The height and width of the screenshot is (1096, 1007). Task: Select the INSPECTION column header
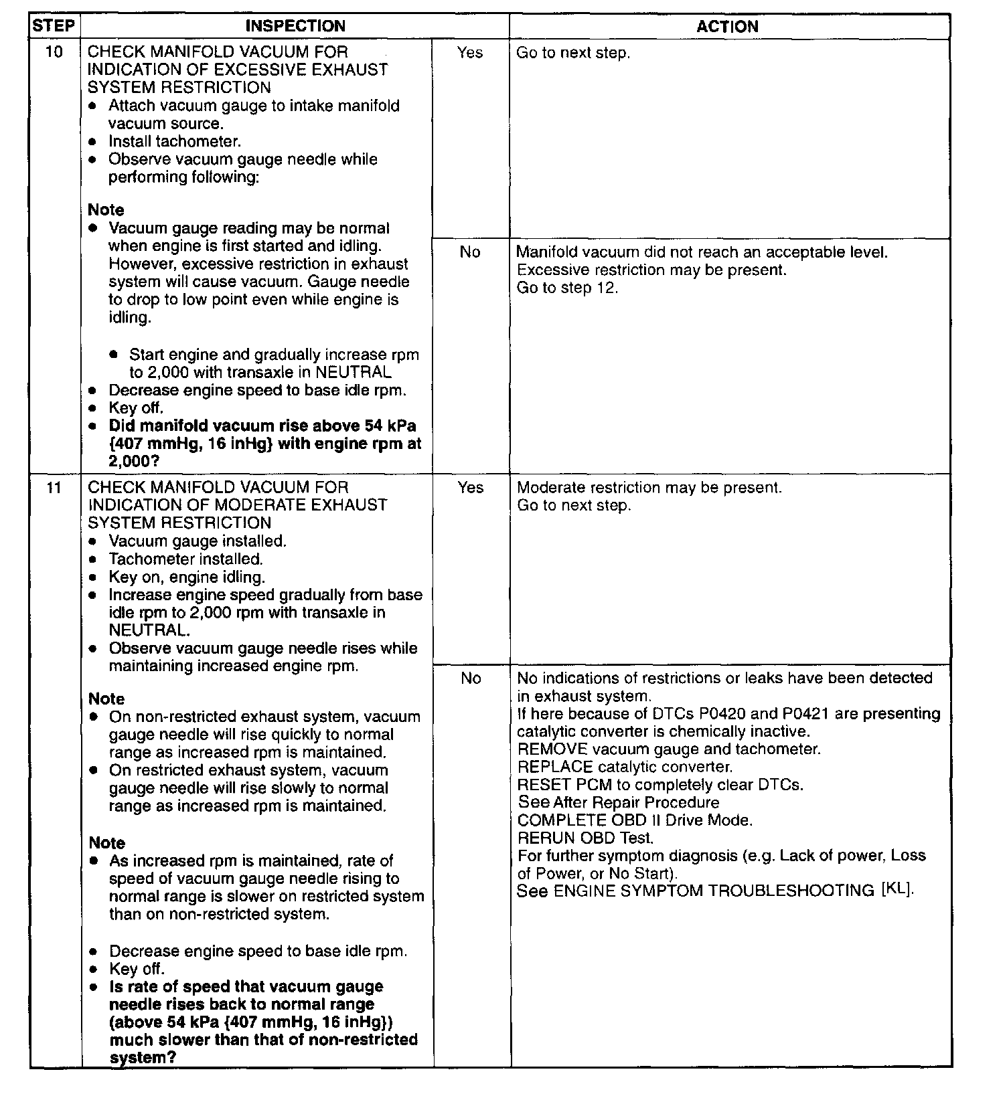pyautogui.click(x=295, y=26)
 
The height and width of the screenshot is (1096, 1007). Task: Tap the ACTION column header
pyautogui.click(x=728, y=27)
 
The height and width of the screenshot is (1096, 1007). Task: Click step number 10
pyautogui.click(x=54, y=52)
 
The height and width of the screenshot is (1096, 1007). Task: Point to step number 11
pyautogui.click(x=54, y=488)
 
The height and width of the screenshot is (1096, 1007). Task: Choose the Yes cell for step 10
pyautogui.click(x=470, y=52)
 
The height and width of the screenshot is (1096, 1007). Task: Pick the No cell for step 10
pyautogui.click(x=470, y=252)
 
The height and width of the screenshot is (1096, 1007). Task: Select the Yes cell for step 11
pyautogui.click(x=470, y=487)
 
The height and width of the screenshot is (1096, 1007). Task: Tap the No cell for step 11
pyautogui.click(x=471, y=678)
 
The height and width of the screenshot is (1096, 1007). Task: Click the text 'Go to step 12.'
pyautogui.click(x=567, y=288)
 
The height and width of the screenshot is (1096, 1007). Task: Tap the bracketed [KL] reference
pyautogui.click(x=897, y=890)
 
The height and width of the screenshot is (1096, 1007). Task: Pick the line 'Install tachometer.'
pyautogui.click(x=174, y=141)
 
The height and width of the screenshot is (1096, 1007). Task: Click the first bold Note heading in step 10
pyautogui.click(x=106, y=210)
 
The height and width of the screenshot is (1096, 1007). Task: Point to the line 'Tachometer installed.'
pyautogui.click(x=185, y=559)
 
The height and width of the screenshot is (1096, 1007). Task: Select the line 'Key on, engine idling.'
pyautogui.click(x=187, y=577)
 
